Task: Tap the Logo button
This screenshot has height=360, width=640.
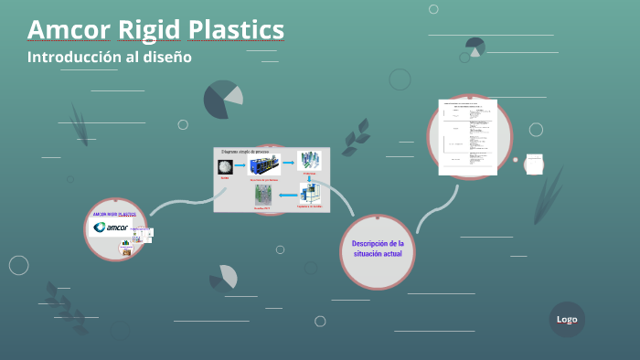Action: pos(567,319)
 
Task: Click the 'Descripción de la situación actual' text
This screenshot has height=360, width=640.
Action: pos(378,249)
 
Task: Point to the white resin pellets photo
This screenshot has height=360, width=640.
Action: pos(224,166)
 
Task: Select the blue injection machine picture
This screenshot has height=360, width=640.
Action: pos(264,164)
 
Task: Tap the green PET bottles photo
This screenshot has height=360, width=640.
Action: pos(264,193)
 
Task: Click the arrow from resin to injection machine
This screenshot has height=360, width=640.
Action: pos(240,166)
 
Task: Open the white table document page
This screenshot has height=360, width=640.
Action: pos(467,137)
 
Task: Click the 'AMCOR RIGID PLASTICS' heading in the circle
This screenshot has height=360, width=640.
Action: pos(114,213)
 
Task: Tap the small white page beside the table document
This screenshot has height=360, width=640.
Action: pos(534,164)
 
